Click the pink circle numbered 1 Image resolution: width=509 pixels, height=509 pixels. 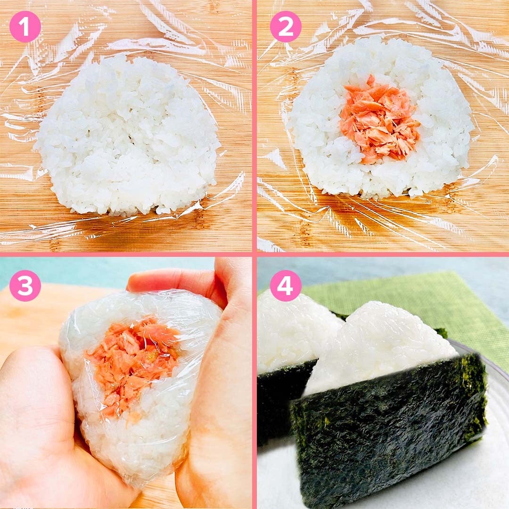click(x=25, y=26)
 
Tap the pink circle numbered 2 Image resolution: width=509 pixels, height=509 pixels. click(x=286, y=26)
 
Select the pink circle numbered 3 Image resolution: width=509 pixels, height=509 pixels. click(x=25, y=285)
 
